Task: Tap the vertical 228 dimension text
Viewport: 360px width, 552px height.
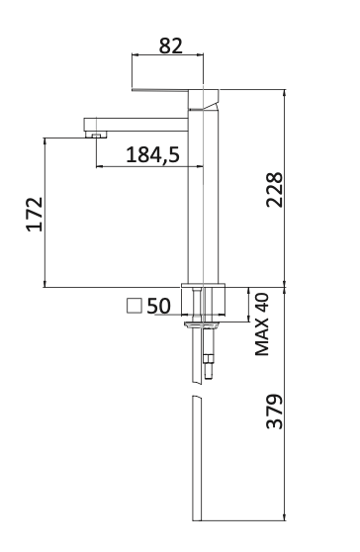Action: point(276,190)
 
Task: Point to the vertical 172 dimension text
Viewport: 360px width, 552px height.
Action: point(34,214)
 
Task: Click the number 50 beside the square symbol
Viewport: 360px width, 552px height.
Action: point(159,307)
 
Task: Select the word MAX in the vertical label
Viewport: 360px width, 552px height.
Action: point(263,337)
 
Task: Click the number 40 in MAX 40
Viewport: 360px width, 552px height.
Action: point(263,304)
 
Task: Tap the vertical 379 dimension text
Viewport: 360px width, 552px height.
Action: point(276,411)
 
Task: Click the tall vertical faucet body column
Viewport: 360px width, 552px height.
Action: point(202,198)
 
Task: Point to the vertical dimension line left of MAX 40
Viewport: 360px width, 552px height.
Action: point(246,305)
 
